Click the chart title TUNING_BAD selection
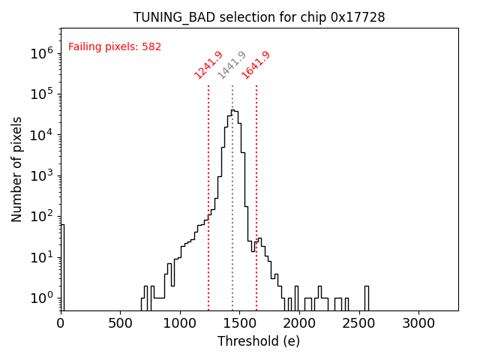(x=259, y=17)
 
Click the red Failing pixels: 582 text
(x=115, y=47)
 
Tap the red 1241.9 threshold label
(x=208, y=65)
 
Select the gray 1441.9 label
(x=232, y=65)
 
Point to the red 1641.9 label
(x=256, y=65)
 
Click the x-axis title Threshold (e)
(x=259, y=341)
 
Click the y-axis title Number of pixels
(x=17, y=169)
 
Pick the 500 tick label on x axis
(x=120, y=322)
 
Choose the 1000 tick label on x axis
(x=180, y=322)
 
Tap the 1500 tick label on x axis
(x=239, y=322)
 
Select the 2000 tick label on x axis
(x=299, y=322)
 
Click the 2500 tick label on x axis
(x=358, y=322)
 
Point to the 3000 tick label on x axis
(x=418, y=322)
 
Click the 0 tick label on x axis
(x=61, y=322)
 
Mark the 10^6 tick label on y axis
(x=40, y=53)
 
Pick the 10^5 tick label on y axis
(x=40, y=94)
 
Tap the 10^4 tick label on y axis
(x=40, y=135)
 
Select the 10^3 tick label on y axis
(x=40, y=175)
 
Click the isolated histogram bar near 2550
(x=366, y=298)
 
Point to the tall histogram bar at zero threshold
(x=62, y=266)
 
